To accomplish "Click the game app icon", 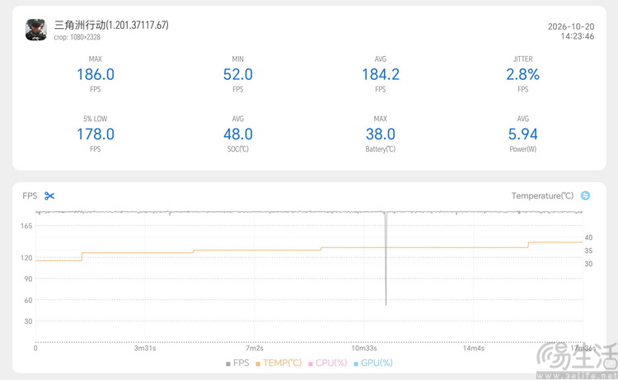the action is [x=36, y=30].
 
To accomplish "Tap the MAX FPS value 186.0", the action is [x=96, y=74].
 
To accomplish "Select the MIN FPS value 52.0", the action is [x=237, y=74].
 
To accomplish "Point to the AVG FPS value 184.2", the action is [x=381, y=74].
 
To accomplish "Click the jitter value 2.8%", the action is [x=522, y=74].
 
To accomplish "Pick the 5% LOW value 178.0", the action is [x=96, y=134].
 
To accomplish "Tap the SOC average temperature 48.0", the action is [x=237, y=134].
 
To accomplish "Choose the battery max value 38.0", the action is [x=381, y=134].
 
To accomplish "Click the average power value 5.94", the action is [x=522, y=134].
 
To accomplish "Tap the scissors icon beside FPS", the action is [x=49, y=196].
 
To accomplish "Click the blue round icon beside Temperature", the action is [x=585, y=195].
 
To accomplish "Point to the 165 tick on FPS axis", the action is [x=26, y=226].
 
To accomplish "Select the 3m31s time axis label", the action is [x=145, y=348].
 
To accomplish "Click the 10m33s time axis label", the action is [x=364, y=348].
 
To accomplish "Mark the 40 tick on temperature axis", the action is [x=588, y=237].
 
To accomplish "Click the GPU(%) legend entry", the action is [x=372, y=363].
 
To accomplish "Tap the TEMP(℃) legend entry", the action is [x=279, y=363].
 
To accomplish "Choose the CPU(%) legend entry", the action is [x=327, y=363].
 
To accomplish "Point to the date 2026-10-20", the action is [x=571, y=26].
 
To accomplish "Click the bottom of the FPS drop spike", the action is [x=386, y=304].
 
